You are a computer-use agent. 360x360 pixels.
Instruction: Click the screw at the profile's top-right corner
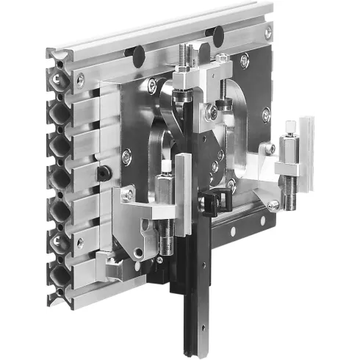267,31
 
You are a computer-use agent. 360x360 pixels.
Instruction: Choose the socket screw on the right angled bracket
270,148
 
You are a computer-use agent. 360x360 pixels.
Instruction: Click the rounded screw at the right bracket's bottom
273,206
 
